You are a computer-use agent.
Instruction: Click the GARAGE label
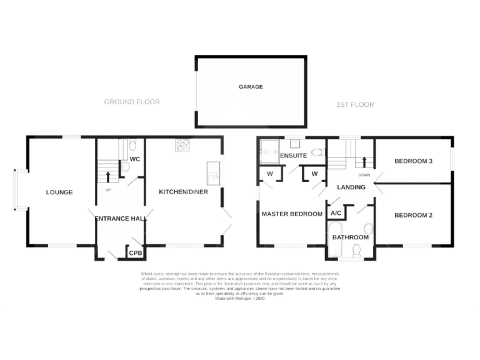tap(251, 87)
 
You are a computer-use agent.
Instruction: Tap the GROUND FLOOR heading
tap(132, 102)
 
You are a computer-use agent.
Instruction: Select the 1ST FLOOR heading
tap(354, 104)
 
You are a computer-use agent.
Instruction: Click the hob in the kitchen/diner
tap(183, 145)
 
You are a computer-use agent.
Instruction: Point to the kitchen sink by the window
tap(212, 171)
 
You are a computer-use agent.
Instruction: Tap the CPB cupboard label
tap(134, 254)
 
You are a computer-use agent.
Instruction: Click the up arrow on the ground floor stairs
tap(107, 176)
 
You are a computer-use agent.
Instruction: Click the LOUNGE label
tap(59, 192)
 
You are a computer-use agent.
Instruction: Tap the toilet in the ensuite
tap(317, 152)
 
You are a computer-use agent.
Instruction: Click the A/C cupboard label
tap(336, 212)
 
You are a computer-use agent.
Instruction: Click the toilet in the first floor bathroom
tap(357, 251)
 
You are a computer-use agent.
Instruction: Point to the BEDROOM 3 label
tap(413, 161)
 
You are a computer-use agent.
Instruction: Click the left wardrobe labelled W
tap(270, 173)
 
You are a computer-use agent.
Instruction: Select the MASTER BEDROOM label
tap(292, 214)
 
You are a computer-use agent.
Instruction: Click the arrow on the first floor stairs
tap(364, 161)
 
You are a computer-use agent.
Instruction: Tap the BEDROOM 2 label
tap(413, 215)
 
